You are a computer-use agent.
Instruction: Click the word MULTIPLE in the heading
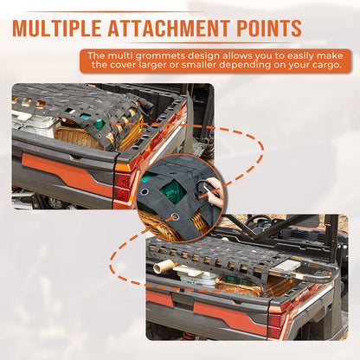[57, 28]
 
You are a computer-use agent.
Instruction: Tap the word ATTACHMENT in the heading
[168, 28]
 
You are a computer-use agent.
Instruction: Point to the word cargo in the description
[325, 65]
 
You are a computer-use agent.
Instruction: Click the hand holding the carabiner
[215, 192]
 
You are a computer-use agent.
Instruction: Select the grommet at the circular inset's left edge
[144, 192]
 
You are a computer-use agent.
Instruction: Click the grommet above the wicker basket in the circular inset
[174, 216]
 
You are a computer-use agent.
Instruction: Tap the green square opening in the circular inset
[174, 192]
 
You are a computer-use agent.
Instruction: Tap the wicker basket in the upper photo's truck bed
[80, 137]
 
